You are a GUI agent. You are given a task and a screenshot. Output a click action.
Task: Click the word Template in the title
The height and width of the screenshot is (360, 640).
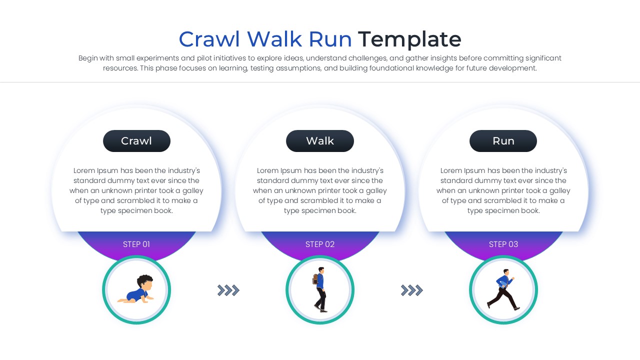[x=409, y=39]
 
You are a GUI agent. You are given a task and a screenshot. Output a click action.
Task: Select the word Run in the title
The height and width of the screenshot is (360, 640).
[x=330, y=39]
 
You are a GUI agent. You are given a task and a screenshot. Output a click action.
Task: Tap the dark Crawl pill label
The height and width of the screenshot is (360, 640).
[x=136, y=141]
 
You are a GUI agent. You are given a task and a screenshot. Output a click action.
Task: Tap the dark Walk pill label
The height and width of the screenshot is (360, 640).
[x=320, y=141]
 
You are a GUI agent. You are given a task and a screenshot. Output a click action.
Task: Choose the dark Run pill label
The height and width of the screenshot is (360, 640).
[x=503, y=141]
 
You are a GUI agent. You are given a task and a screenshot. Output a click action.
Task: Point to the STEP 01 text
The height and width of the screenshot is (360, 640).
[x=136, y=244]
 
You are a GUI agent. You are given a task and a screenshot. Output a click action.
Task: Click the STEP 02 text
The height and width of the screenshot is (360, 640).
[x=320, y=244]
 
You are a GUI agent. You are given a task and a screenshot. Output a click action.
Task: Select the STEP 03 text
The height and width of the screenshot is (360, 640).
[x=503, y=244]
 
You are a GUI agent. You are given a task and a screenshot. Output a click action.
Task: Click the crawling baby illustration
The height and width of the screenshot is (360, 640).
[x=136, y=290]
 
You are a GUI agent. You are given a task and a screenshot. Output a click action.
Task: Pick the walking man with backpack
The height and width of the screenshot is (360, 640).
[x=320, y=290]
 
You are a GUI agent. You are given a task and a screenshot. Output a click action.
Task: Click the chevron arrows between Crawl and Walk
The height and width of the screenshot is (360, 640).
[x=228, y=290]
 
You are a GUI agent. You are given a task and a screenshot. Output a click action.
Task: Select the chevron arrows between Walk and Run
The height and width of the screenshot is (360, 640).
[x=412, y=290]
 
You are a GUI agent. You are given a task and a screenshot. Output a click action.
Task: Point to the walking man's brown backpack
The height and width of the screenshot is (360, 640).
[x=315, y=279]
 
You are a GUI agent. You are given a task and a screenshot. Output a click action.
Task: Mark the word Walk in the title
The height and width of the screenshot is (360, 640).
[x=274, y=39]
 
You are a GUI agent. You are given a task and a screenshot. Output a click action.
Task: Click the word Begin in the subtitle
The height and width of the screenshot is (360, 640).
[x=88, y=58]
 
